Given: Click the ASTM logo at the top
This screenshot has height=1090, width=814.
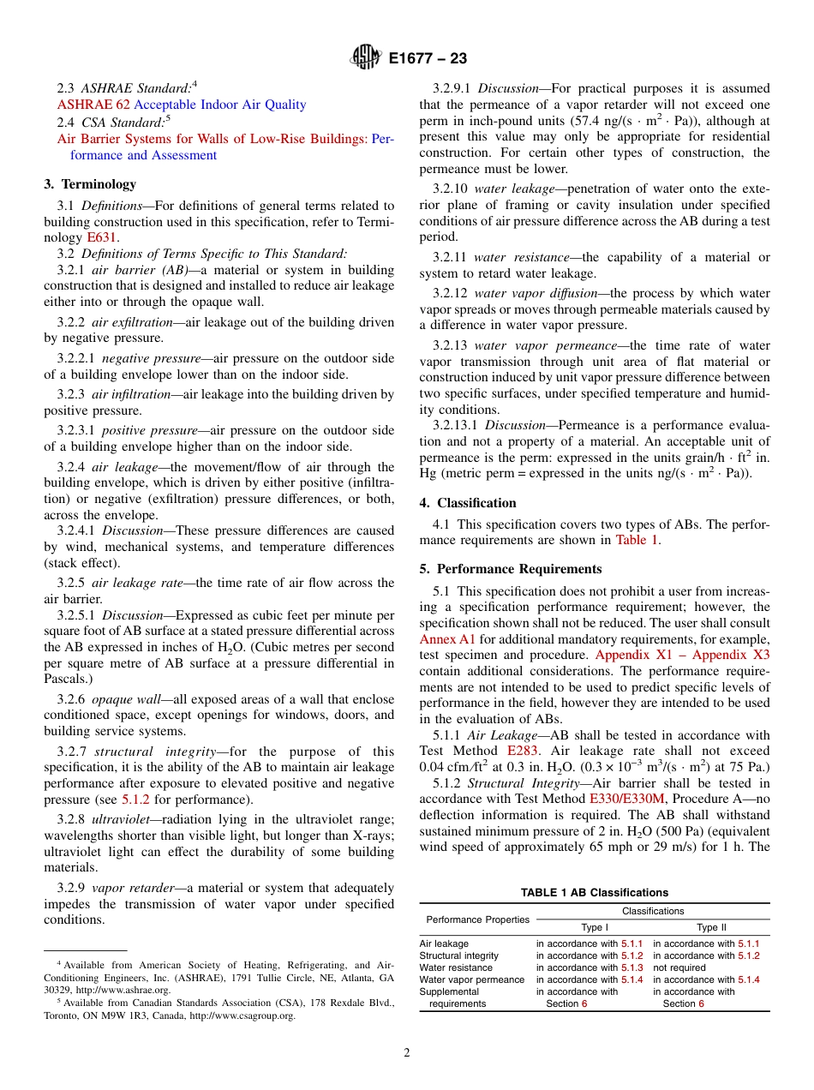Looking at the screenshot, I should (x=366, y=58).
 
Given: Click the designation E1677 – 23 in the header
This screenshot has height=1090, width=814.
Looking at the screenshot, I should (x=428, y=59).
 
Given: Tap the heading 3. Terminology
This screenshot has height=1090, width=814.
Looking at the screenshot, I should (x=90, y=183).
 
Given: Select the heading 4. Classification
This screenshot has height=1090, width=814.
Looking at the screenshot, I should (x=468, y=502).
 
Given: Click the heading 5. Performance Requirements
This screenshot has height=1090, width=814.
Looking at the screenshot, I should (x=511, y=569).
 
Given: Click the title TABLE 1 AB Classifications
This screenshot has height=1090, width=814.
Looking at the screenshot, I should (x=594, y=892).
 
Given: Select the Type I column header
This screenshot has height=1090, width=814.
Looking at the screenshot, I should (x=595, y=927).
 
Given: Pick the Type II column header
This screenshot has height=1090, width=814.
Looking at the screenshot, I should (x=710, y=927).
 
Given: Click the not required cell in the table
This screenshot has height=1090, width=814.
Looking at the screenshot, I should (x=679, y=967).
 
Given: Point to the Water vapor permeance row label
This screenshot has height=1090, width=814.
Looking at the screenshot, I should (x=471, y=979).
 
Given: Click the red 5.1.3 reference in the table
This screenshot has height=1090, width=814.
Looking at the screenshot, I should (x=631, y=967).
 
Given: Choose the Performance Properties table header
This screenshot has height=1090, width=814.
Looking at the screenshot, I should (x=477, y=919).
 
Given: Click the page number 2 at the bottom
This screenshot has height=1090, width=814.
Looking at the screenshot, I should (x=407, y=1053).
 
